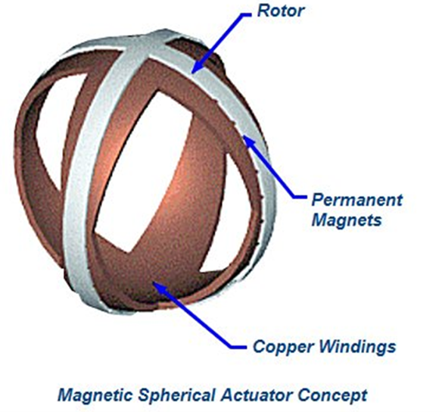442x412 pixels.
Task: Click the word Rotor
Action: point(281,11)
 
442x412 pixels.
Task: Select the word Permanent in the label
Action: point(357,200)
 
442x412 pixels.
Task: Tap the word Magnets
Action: point(347,220)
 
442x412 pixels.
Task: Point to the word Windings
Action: point(357,347)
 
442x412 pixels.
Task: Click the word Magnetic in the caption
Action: point(95,395)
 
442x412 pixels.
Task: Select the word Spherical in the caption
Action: point(177,395)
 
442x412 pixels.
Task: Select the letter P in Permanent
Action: point(318,200)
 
